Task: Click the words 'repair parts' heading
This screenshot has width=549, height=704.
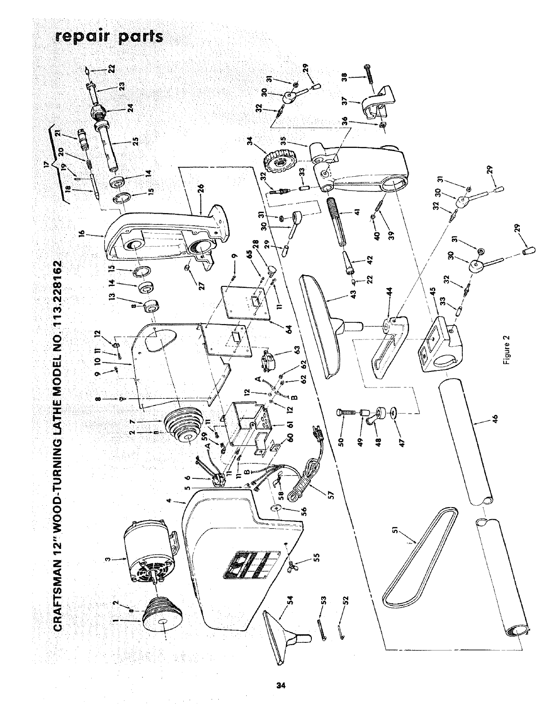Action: pos(108,36)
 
